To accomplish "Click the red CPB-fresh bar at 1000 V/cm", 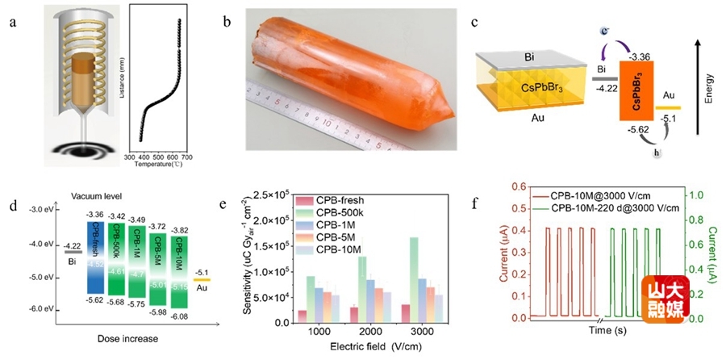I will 302,316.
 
